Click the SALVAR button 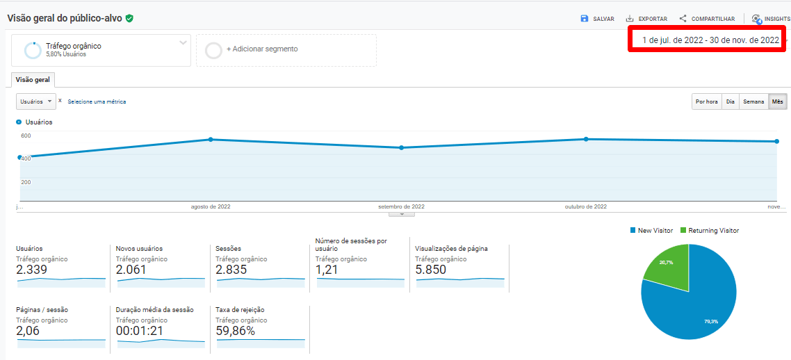pos(597,19)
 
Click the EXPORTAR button pos(646,19)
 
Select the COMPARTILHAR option pos(706,19)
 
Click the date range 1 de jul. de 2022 pos(710,40)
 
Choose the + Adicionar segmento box pos(286,49)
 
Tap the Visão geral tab pos(33,79)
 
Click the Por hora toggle pos(706,101)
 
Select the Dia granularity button pos(730,101)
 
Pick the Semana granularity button pos(753,101)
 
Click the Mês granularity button pos(777,101)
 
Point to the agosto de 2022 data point pos(211,140)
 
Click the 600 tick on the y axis pos(26,136)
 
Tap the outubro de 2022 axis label pos(585,206)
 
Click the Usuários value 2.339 pos(31,270)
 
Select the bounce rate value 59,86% pos(236,331)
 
